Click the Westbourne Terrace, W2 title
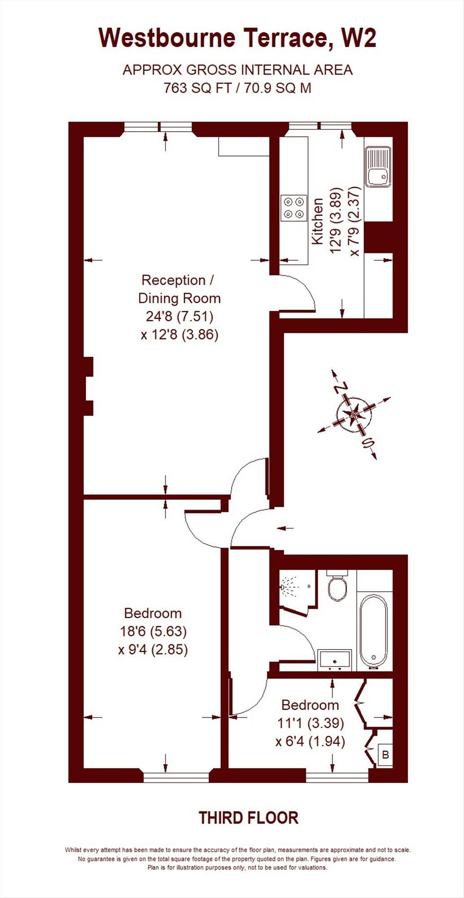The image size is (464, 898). tap(237, 38)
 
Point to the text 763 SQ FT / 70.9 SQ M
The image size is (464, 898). tap(237, 88)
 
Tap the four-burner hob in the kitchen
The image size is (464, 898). tap(294, 208)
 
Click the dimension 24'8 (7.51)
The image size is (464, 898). tap(179, 316)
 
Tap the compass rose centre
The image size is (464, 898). tap(354, 414)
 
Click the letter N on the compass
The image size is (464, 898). tap(342, 387)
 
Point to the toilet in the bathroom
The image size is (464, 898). tap(337, 586)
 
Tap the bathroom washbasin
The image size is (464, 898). tap(335, 659)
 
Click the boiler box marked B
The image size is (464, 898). tap(385, 755)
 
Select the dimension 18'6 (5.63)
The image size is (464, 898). tap(153, 631)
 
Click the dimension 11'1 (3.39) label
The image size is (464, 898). tap(310, 723)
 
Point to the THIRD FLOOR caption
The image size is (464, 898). tap(248, 818)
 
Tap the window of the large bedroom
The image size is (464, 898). tap(176, 776)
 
